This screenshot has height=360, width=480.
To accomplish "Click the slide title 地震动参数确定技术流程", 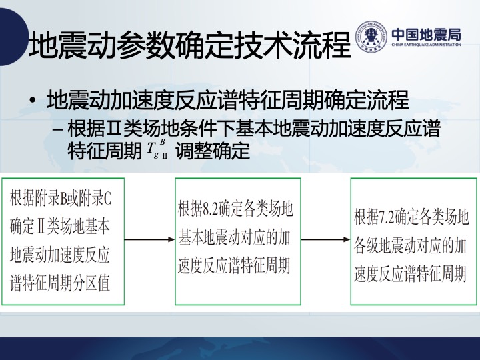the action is pyautogui.click(x=189, y=45).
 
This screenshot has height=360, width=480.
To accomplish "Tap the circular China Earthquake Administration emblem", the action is pyautogui.click(x=371, y=37).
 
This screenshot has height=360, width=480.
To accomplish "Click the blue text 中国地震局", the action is pyautogui.click(x=426, y=34).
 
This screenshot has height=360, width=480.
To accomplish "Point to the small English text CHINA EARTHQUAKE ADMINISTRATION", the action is pyautogui.click(x=426, y=45).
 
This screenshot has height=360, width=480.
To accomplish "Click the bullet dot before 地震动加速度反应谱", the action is pyautogui.click(x=33, y=101).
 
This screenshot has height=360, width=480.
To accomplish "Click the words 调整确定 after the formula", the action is pyautogui.click(x=213, y=150).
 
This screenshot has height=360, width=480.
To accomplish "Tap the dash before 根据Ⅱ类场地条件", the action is pyautogui.click(x=57, y=130).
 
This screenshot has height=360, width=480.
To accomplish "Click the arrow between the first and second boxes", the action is pyautogui.click(x=149, y=239).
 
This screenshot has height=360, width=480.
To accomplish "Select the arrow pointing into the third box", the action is pyautogui.click(x=326, y=239).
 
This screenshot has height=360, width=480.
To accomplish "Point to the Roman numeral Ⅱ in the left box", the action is pyautogui.click(x=41, y=227).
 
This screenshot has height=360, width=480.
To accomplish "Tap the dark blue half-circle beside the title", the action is pyautogui.click(x=12, y=37).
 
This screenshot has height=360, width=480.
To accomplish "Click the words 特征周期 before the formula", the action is pyautogui.click(x=105, y=150).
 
